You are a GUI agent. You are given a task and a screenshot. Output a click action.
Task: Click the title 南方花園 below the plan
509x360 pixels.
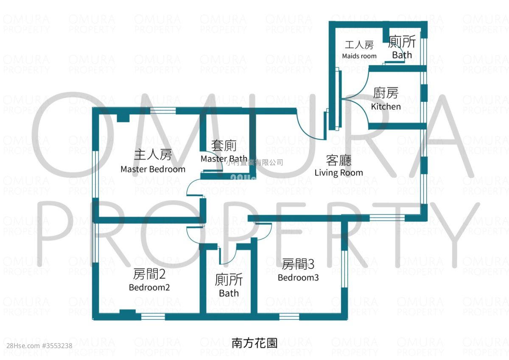point(255,343)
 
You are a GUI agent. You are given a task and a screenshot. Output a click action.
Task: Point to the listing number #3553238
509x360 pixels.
point(57,346)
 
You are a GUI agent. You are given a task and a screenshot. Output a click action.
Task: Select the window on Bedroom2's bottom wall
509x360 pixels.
point(153,316)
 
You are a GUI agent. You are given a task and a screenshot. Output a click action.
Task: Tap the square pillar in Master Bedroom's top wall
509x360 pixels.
point(123,117)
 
